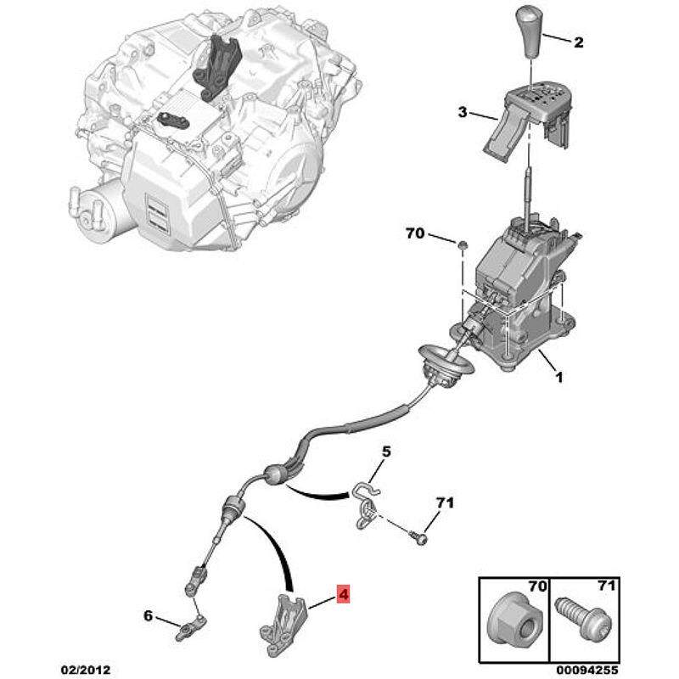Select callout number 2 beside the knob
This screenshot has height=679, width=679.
pos(579,42)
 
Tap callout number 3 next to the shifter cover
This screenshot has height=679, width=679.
pos(463,112)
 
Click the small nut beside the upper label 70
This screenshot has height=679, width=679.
pos(462,245)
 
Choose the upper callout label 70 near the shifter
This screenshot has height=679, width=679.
pos(415,233)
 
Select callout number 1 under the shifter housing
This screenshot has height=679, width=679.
pos(559,377)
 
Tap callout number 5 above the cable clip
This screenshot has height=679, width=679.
pos(386,452)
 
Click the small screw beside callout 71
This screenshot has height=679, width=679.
pos(418,538)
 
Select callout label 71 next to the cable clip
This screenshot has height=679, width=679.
pos(445,502)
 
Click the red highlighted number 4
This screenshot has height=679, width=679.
pos(343,593)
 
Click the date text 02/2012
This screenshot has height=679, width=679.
pos(86,670)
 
